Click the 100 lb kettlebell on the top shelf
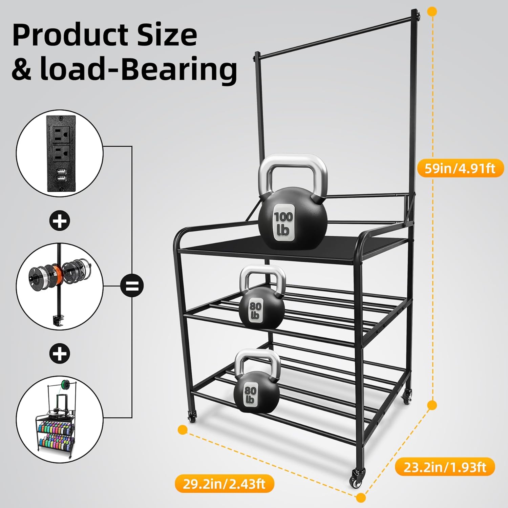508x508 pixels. (293, 217)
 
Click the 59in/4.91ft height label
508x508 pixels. (460, 168)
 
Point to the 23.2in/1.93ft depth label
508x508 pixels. (445, 467)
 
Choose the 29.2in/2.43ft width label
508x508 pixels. (224, 484)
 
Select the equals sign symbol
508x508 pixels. (132, 285)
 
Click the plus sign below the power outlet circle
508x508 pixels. (60, 221)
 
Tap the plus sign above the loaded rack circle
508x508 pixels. (60, 354)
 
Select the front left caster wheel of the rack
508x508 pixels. (192, 417)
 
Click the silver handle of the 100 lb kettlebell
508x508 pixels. (293, 169)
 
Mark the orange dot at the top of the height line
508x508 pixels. (432, 12)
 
